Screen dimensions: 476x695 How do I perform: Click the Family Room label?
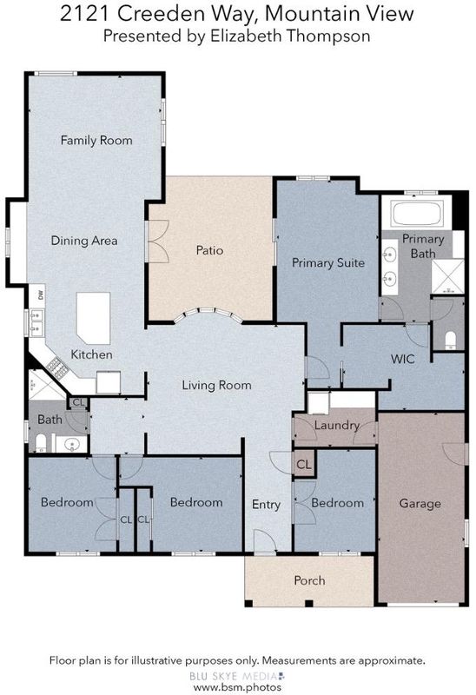tap(96, 141)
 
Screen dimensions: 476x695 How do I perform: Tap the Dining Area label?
tap(84, 241)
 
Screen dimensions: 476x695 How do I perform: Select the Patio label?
tap(209, 250)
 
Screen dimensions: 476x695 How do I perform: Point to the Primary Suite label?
tap(328, 263)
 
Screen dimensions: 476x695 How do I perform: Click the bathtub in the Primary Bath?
tap(417, 213)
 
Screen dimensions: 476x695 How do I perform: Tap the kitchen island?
tap(93, 318)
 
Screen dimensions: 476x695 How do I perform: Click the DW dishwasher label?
tap(41, 294)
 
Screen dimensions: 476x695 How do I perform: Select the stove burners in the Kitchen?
tap(56, 367)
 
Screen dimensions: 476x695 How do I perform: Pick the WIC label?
tap(402, 359)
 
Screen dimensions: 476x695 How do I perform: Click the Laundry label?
tap(337, 426)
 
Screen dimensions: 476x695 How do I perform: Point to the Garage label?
tap(420, 504)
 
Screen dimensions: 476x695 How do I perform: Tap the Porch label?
tap(309, 580)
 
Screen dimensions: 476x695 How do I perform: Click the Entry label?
tap(266, 505)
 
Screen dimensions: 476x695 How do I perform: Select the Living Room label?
tap(217, 385)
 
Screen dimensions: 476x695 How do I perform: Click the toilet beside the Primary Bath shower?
tap(450, 339)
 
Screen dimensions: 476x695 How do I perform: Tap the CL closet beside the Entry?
tap(304, 465)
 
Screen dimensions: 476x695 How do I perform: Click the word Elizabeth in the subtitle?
tap(246, 36)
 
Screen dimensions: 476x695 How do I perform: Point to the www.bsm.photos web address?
tap(237, 687)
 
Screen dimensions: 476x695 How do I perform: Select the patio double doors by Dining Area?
tap(157, 242)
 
